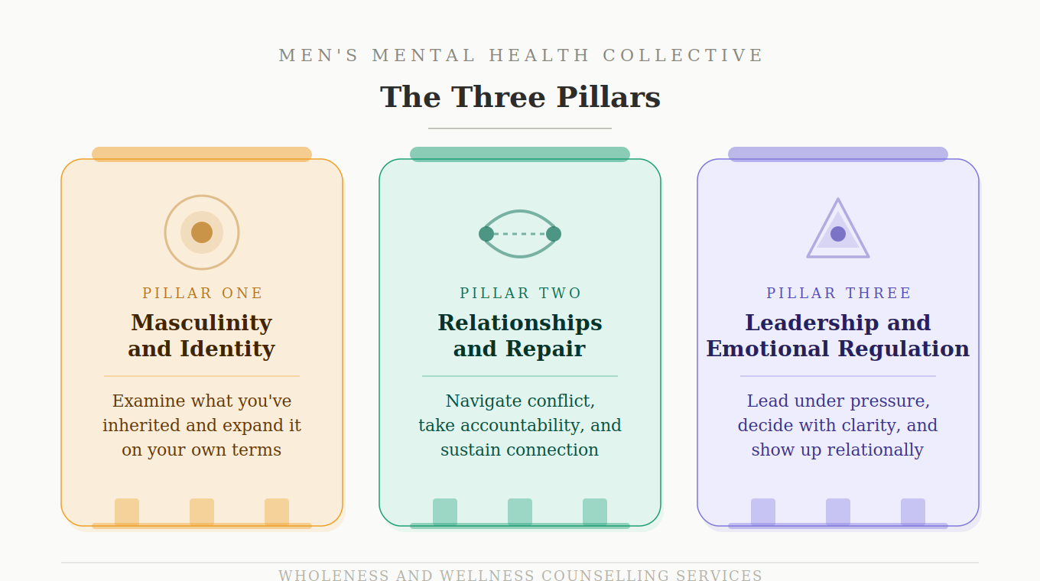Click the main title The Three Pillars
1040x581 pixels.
(x=520, y=98)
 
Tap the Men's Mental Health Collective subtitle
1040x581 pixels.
(x=520, y=56)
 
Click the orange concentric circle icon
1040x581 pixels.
(x=202, y=232)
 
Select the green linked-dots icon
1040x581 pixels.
(x=520, y=234)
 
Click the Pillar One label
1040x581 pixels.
(x=202, y=294)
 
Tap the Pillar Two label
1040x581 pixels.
(x=520, y=294)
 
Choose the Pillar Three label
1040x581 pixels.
(x=838, y=294)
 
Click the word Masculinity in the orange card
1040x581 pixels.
(x=202, y=323)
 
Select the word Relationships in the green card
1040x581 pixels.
(x=520, y=323)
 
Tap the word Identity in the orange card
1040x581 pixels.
(x=227, y=349)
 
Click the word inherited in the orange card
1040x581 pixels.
(x=138, y=426)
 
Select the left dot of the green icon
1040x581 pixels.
(x=486, y=234)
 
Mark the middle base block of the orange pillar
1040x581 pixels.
(x=202, y=511)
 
